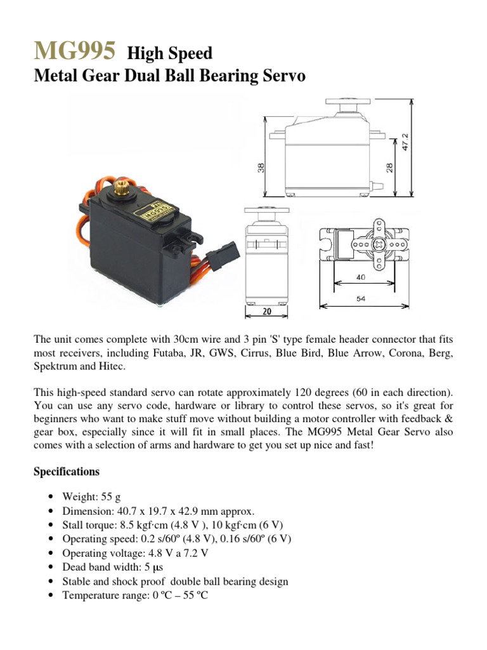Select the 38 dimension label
pyautogui.click(x=260, y=168)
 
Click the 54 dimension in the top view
pyautogui.click(x=360, y=298)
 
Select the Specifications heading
pyautogui.click(x=66, y=472)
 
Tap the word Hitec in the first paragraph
pyautogui.click(x=114, y=367)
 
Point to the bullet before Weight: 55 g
pyautogui.click(x=51, y=497)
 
